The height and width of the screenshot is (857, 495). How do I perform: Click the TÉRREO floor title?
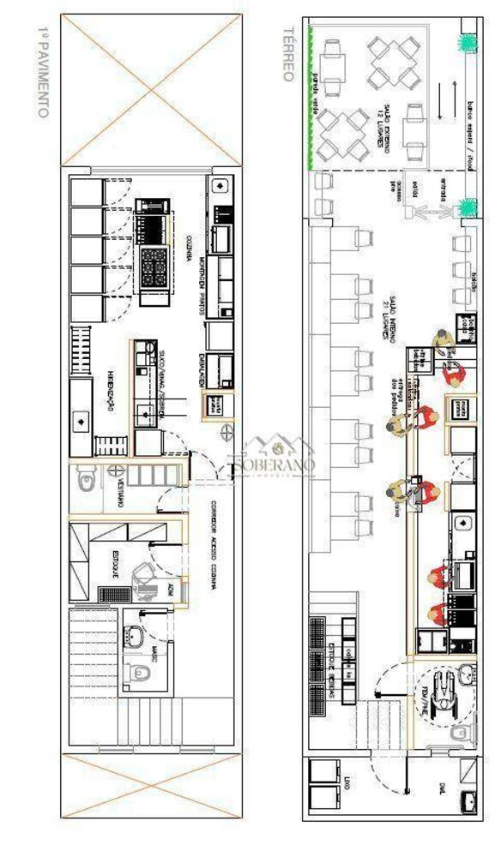(289, 53)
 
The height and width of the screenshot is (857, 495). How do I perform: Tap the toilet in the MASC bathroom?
(135, 674)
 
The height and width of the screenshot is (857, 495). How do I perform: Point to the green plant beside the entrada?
(468, 207)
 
